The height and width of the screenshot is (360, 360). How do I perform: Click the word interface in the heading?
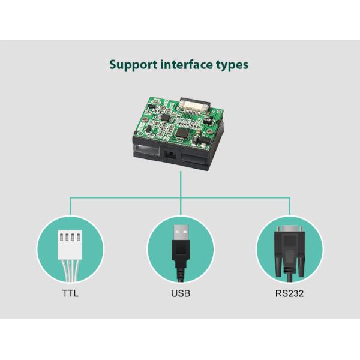[x=185, y=64]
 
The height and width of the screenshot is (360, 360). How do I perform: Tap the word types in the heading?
[x=232, y=65]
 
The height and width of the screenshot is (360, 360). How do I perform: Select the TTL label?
[x=70, y=294]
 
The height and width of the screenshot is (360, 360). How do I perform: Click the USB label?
[x=180, y=294]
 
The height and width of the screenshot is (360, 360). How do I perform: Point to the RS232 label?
[x=290, y=294]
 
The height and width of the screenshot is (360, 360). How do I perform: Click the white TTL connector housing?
[x=70, y=236]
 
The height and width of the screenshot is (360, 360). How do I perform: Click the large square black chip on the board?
[x=182, y=131]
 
